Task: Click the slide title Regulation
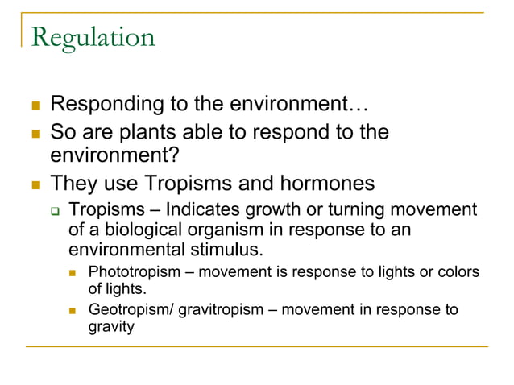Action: pos(92,38)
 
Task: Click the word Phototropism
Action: pos(134,272)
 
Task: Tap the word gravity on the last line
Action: pos(110,328)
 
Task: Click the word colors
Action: pos(458,272)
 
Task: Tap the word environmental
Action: pos(123,249)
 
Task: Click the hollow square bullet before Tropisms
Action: pos(55,212)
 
